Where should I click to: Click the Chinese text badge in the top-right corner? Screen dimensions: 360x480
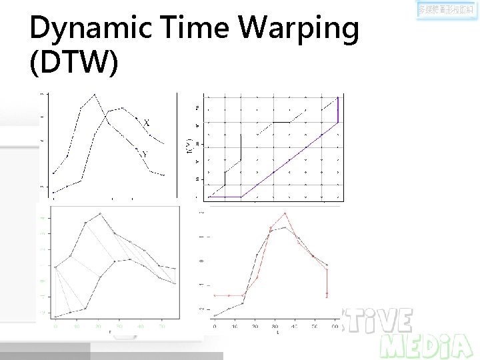(x=447, y=11)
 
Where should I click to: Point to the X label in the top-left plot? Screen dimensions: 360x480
(x=147, y=122)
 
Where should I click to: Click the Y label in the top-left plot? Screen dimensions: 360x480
(x=145, y=154)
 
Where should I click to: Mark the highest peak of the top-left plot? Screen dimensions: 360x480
(x=95, y=94)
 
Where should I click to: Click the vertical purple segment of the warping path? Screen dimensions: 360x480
(x=338, y=110)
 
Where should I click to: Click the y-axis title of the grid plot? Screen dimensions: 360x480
(x=189, y=146)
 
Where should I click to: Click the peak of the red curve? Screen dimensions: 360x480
(x=285, y=213)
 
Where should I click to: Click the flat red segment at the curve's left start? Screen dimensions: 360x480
(x=229, y=295)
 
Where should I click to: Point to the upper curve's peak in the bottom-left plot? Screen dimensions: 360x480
(x=100, y=214)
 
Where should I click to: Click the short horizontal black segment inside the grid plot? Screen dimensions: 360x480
(x=281, y=122)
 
